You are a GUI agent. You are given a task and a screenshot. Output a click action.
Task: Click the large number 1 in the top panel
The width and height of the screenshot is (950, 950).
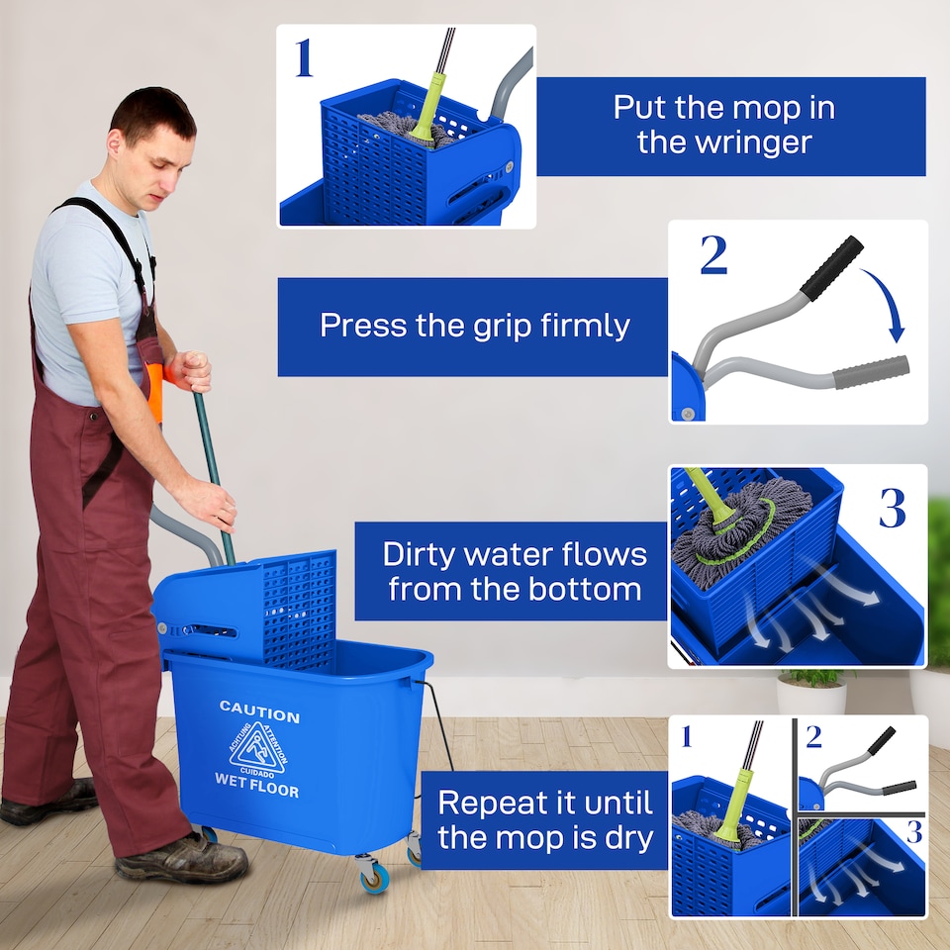pyautogui.click(x=304, y=58)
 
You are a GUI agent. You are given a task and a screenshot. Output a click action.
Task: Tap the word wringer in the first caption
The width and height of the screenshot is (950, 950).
pyautogui.click(x=724, y=142)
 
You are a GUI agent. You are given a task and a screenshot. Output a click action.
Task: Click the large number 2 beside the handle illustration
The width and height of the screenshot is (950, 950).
pyautogui.click(x=713, y=256)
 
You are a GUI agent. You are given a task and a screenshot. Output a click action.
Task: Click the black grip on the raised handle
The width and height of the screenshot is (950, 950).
pyautogui.click(x=831, y=267)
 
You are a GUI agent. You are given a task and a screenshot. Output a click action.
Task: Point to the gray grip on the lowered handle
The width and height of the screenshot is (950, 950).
pyautogui.click(x=871, y=371)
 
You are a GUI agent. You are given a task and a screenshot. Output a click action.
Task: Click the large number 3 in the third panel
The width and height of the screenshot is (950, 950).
pyautogui.click(x=892, y=508)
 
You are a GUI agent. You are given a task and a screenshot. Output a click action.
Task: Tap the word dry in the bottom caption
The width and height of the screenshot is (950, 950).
pyautogui.click(x=627, y=838)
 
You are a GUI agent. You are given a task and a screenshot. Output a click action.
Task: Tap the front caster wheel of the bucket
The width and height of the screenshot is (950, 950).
pyautogui.click(x=373, y=875)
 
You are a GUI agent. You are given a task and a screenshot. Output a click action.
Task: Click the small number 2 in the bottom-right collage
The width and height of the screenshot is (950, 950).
pyautogui.click(x=813, y=737)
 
